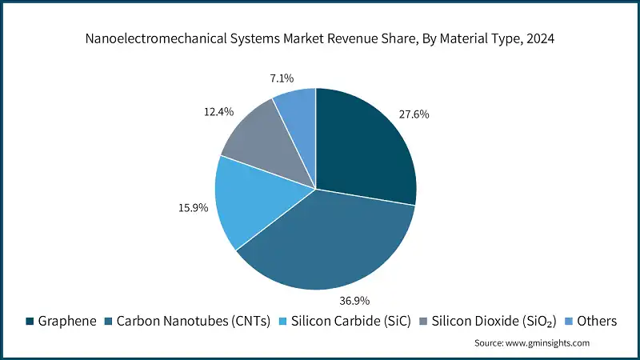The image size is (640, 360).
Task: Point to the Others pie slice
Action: pos(298,112)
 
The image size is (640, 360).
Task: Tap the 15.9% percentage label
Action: pos(192,208)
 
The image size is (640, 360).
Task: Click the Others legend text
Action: pos(598,321)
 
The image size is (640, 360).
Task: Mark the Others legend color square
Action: pos(570,321)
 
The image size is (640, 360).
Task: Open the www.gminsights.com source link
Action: pos(549,342)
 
